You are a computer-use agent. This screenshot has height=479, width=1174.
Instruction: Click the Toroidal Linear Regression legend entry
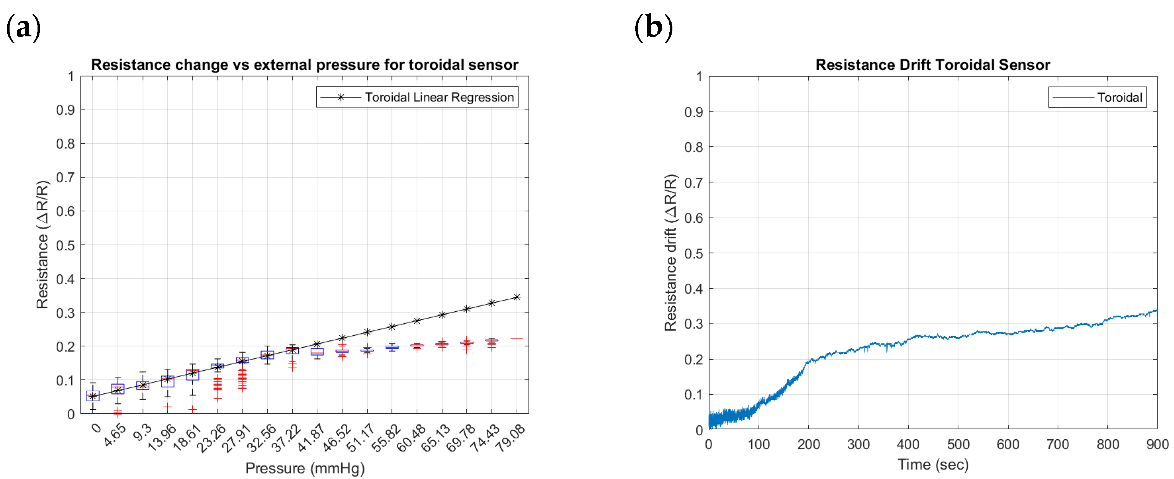click(x=417, y=97)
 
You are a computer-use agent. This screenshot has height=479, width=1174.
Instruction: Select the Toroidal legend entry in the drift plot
click(x=1097, y=97)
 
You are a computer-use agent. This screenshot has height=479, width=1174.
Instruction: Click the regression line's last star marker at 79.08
click(x=517, y=297)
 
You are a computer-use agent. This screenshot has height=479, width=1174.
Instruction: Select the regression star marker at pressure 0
click(x=93, y=396)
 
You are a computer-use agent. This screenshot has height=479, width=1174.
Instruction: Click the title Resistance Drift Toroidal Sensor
click(x=932, y=65)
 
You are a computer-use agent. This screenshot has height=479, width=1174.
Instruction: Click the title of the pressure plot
click(x=304, y=65)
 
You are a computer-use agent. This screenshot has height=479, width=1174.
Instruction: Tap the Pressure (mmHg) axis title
click(x=304, y=468)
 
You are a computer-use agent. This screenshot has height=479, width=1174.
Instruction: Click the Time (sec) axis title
click(x=932, y=464)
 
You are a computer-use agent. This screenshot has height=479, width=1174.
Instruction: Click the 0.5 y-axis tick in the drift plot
click(x=693, y=253)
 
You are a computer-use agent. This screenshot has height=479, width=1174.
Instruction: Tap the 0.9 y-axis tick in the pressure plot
click(x=65, y=110)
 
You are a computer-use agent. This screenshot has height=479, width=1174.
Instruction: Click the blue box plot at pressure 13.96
click(x=168, y=381)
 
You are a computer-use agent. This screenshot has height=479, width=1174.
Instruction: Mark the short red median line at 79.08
click(x=517, y=338)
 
